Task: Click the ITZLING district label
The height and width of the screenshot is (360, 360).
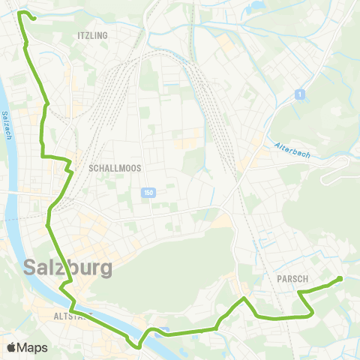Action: tap(92, 35)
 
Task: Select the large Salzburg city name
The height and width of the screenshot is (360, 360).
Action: tap(68, 267)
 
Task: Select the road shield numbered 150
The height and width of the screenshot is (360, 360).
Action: tap(148, 194)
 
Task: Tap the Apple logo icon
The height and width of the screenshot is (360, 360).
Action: tap(11, 347)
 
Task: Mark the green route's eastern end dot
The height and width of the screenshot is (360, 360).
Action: tap(340, 279)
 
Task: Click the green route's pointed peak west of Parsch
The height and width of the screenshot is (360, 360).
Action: tap(243, 300)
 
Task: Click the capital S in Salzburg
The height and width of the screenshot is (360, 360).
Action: tap(32, 267)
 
